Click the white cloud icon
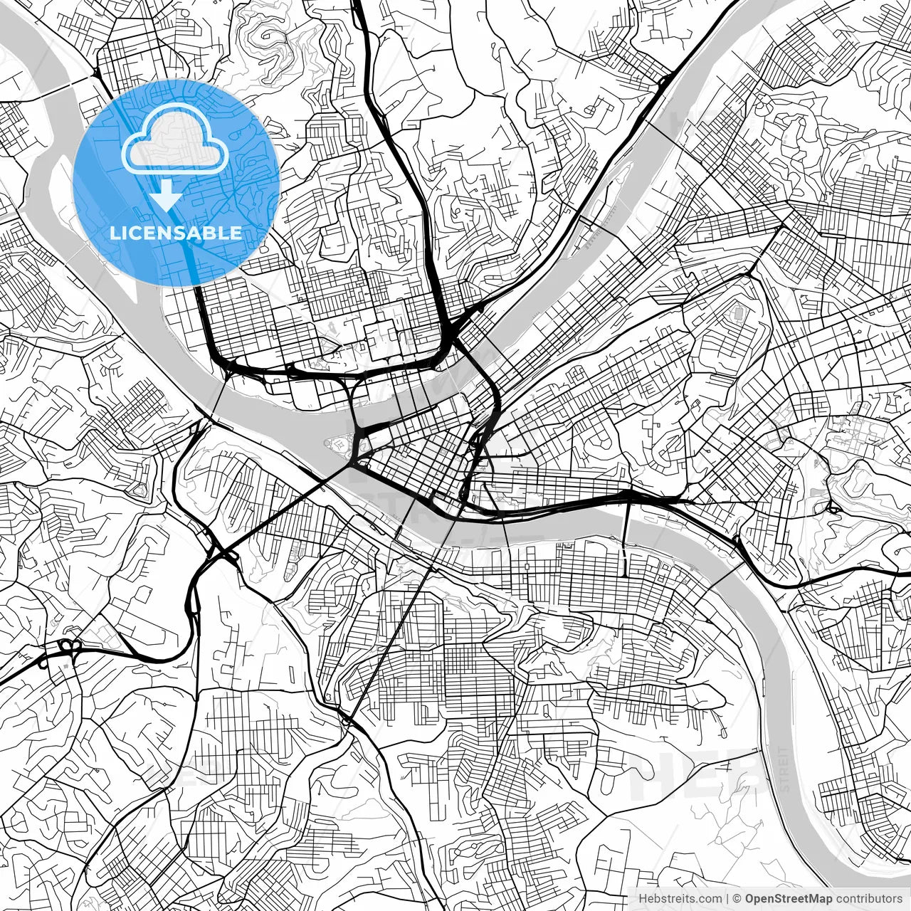pyautogui.click(x=175, y=140)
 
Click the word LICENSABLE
pyautogui.click(x=176, y=233)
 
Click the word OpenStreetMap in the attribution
pyautogui.click(x=789, y=898)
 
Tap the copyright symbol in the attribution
pyautogui.click(x=737, y=898)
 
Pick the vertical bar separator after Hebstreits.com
pyautogui.click(x=726, y=898)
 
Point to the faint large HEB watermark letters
pyautogui.click(x=697, y=772)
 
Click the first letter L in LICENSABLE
pyautogui.click(x=114, y=233)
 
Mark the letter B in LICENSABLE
pyautogui.click(x=211, y=233)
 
